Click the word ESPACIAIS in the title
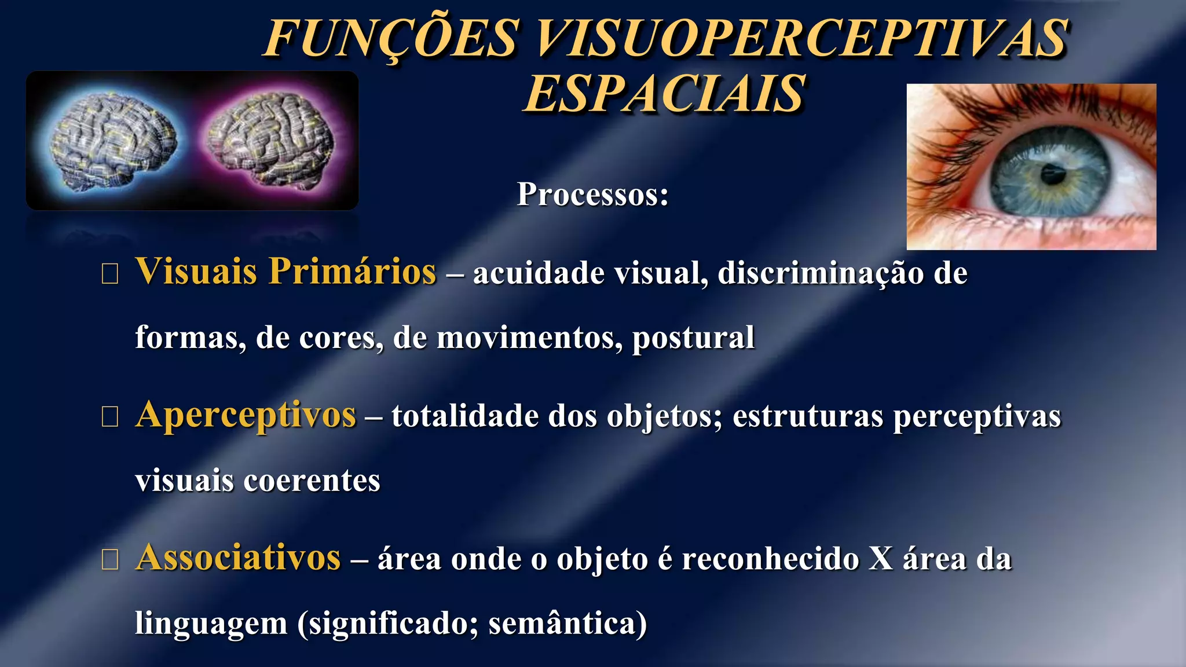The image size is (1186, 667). [x=664, y=94]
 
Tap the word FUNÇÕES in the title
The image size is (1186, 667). [x=391, y=38]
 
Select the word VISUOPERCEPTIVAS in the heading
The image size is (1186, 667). [x=802, y=38]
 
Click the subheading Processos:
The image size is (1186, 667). [x=593, y=195]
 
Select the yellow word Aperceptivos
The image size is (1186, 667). [x=246, y=415]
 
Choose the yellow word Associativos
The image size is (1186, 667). [x=238, y=558]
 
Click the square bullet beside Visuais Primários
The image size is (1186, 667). [x=109, y=273]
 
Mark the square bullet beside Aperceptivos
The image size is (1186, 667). [x=109, y=416]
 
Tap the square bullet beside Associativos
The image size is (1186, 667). [x=109, y=559]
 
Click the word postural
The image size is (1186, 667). [x=693, y=338]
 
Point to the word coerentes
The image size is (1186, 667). [x=312, y=481]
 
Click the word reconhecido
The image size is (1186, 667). [x=770, y=559]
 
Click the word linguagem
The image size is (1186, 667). [x=211, y=624]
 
